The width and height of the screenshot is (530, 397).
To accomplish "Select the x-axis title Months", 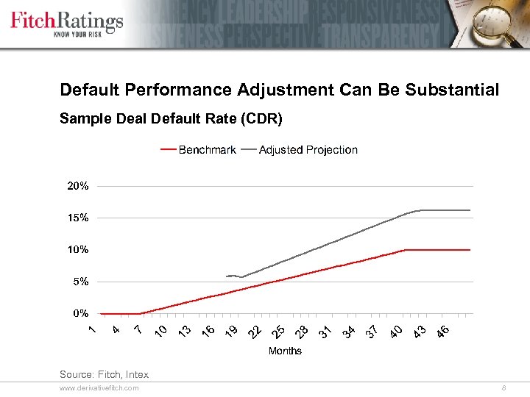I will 285,351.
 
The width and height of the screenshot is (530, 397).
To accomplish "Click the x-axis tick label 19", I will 231,332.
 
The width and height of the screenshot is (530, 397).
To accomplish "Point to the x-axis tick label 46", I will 442,332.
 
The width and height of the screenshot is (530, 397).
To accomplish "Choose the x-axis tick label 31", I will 325,332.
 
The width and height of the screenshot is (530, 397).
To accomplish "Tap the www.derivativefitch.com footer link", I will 99,387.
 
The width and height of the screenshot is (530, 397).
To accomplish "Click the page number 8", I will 503,387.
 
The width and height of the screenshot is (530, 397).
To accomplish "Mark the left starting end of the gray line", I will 227,276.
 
